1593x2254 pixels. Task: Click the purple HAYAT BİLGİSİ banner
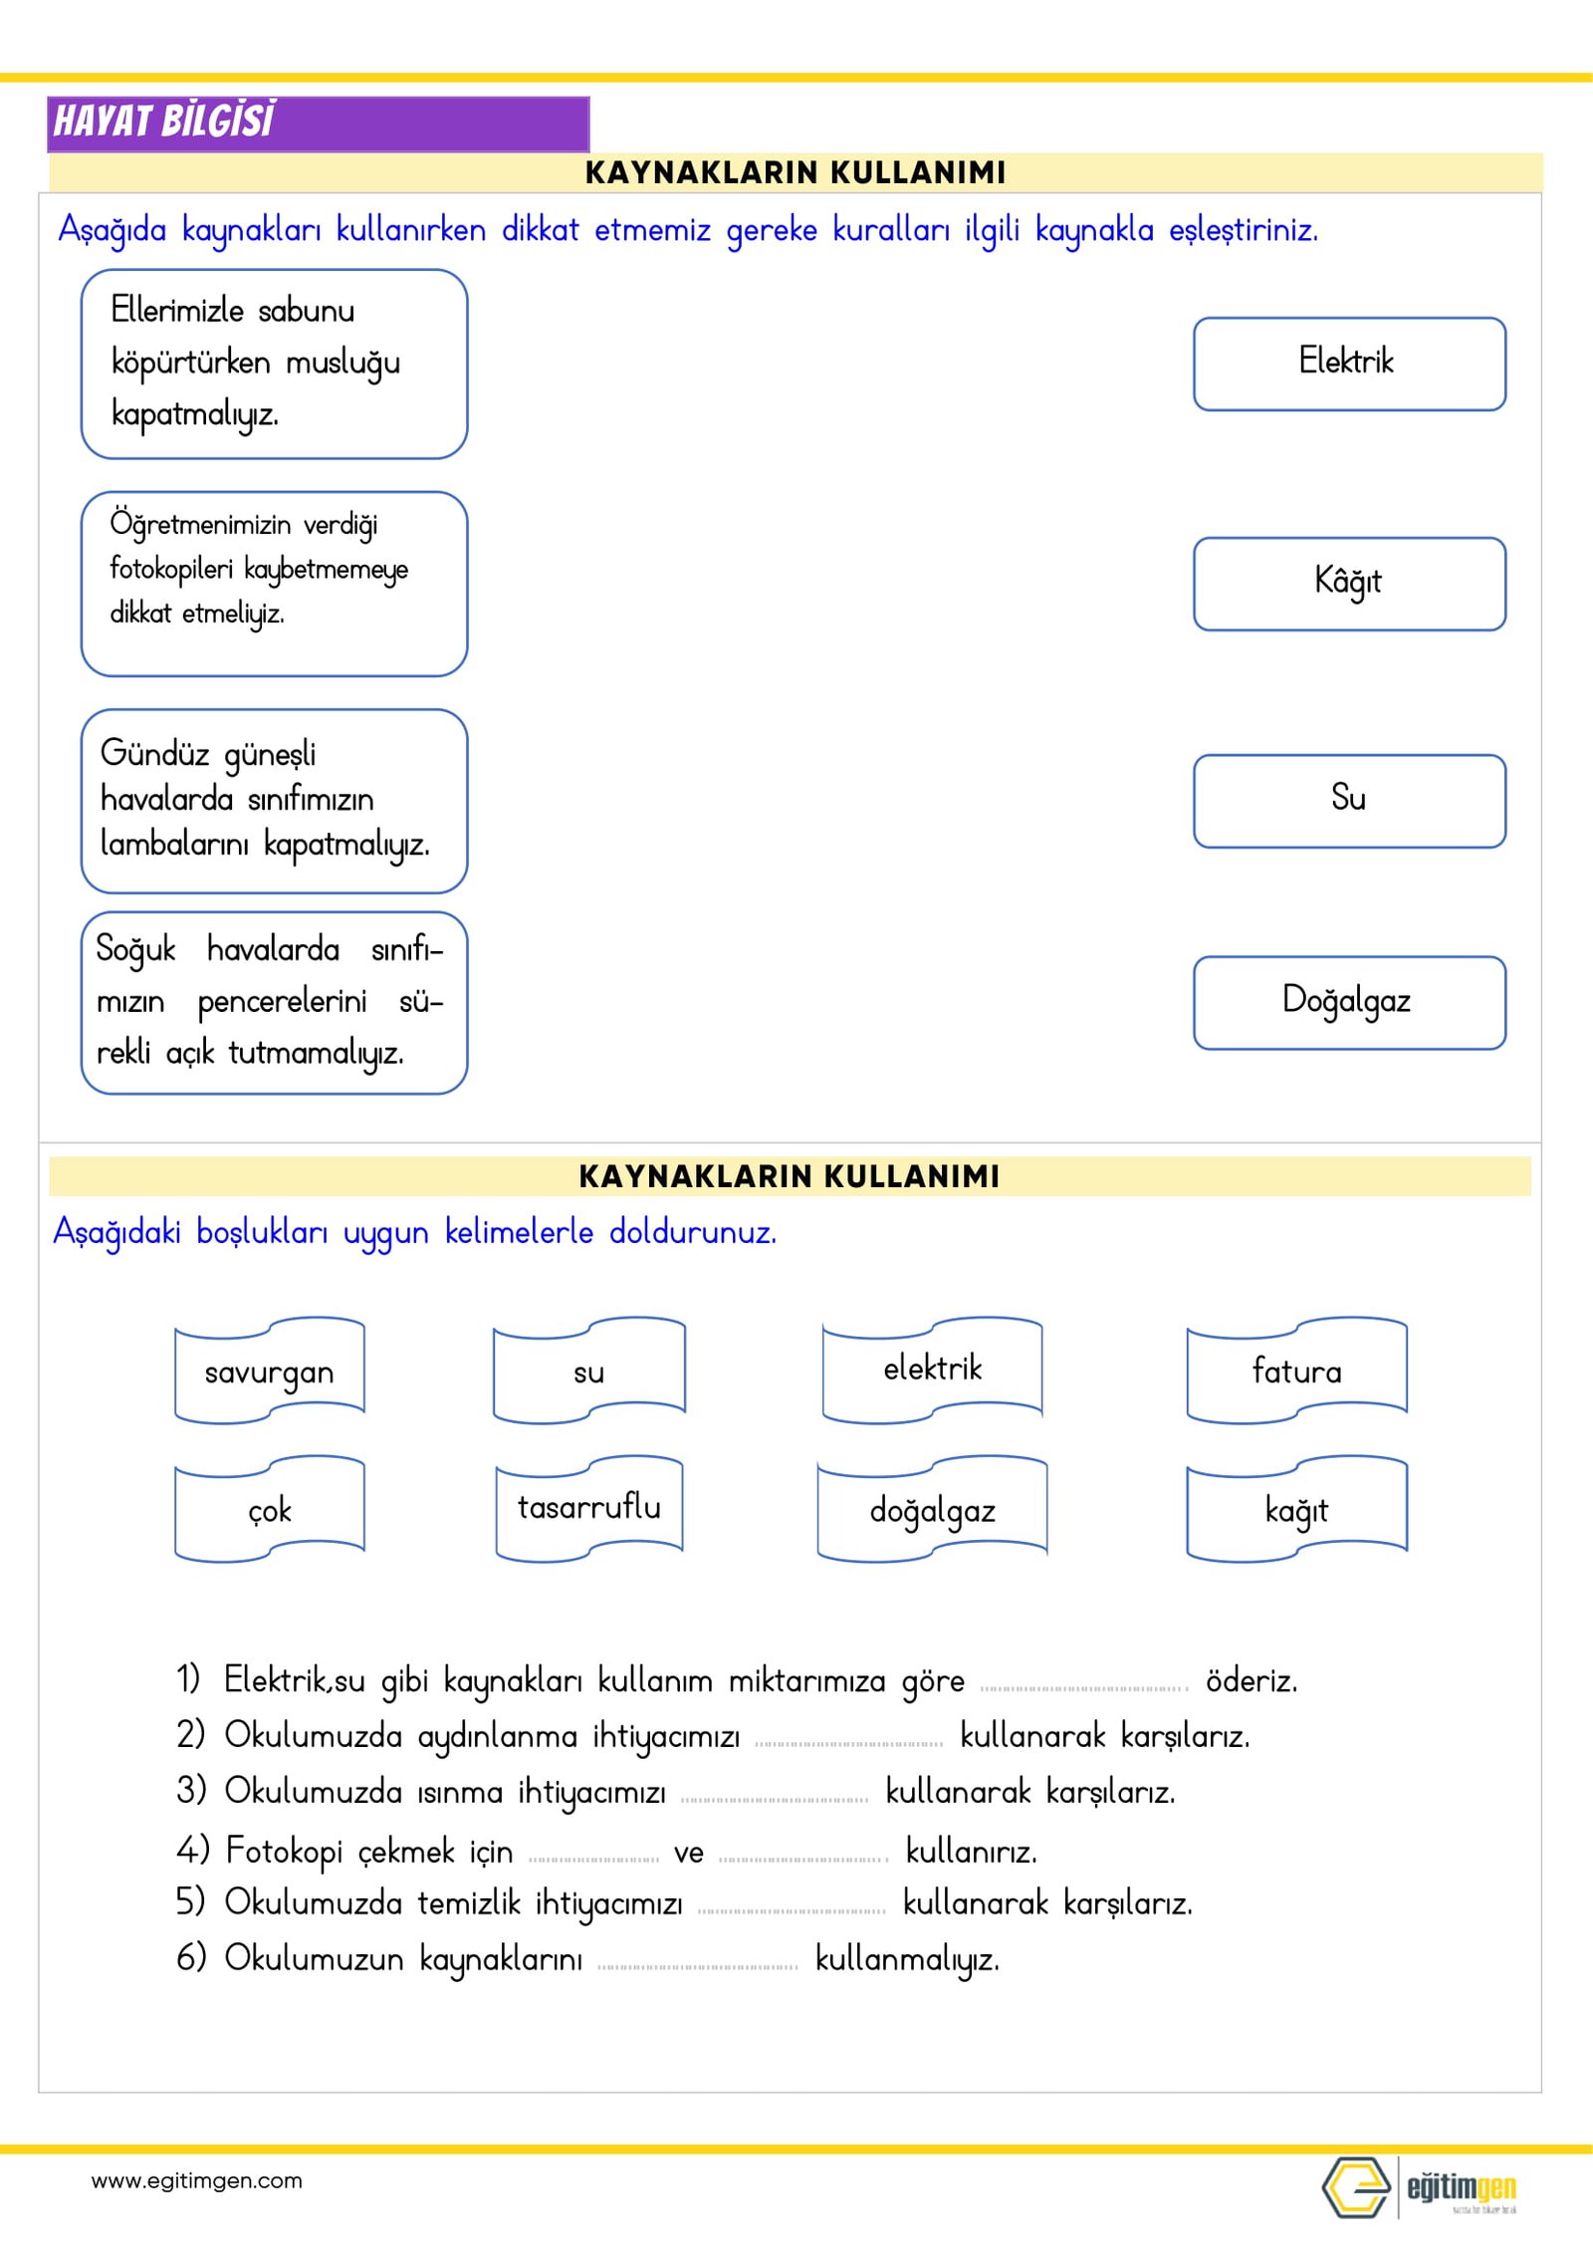tap(318, 124)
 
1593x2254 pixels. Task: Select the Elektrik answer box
tap(1349, 364)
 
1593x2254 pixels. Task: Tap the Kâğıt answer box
tap(1349, 584)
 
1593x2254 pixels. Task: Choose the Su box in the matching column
tap(1349, 801)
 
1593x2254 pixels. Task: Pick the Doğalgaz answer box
tap(1349, 1002)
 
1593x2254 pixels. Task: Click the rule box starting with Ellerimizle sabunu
tap(274, 364)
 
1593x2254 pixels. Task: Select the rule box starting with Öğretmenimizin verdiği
tap(274, 584)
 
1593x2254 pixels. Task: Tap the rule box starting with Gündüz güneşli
tap(274, 801)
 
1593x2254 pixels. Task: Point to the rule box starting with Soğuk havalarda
tap(274, 1002)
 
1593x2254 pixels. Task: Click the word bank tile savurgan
tap(269, 1372)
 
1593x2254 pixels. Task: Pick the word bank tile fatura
tap(1296, 1372)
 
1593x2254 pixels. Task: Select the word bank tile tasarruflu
tap(589, 1507)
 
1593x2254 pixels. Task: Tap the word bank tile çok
tap(269, 1510)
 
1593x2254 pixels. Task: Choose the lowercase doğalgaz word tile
tap(932, 1510)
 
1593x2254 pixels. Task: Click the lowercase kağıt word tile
tap(1296, 1510)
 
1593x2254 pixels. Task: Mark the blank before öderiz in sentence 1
tap(1084, 1684)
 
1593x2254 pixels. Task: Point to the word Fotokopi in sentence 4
tap(284, 1851)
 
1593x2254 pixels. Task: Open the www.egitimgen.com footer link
tap(196, 2181)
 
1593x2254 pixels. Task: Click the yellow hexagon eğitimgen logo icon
tap(1356, 2187)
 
